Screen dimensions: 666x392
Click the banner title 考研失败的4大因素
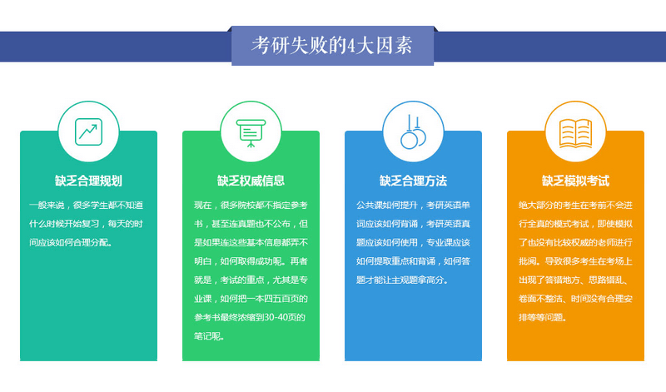click(x=331, y=45)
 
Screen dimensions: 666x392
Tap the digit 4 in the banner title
click(x=350, y=46)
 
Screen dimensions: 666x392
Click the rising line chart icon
click(x=88, y=131)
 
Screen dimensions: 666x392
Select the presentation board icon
click(x=251, y=133)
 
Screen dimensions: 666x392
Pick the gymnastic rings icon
click(x=413, y=132)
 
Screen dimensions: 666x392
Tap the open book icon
click(x=575, y=133)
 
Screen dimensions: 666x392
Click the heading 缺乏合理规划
click(x=88, y=181)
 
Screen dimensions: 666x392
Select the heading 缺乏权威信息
click(x=251, y=181)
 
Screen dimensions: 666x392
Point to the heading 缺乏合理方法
click(x=413, y=181)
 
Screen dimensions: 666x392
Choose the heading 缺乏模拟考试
click(x=575, y=181)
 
